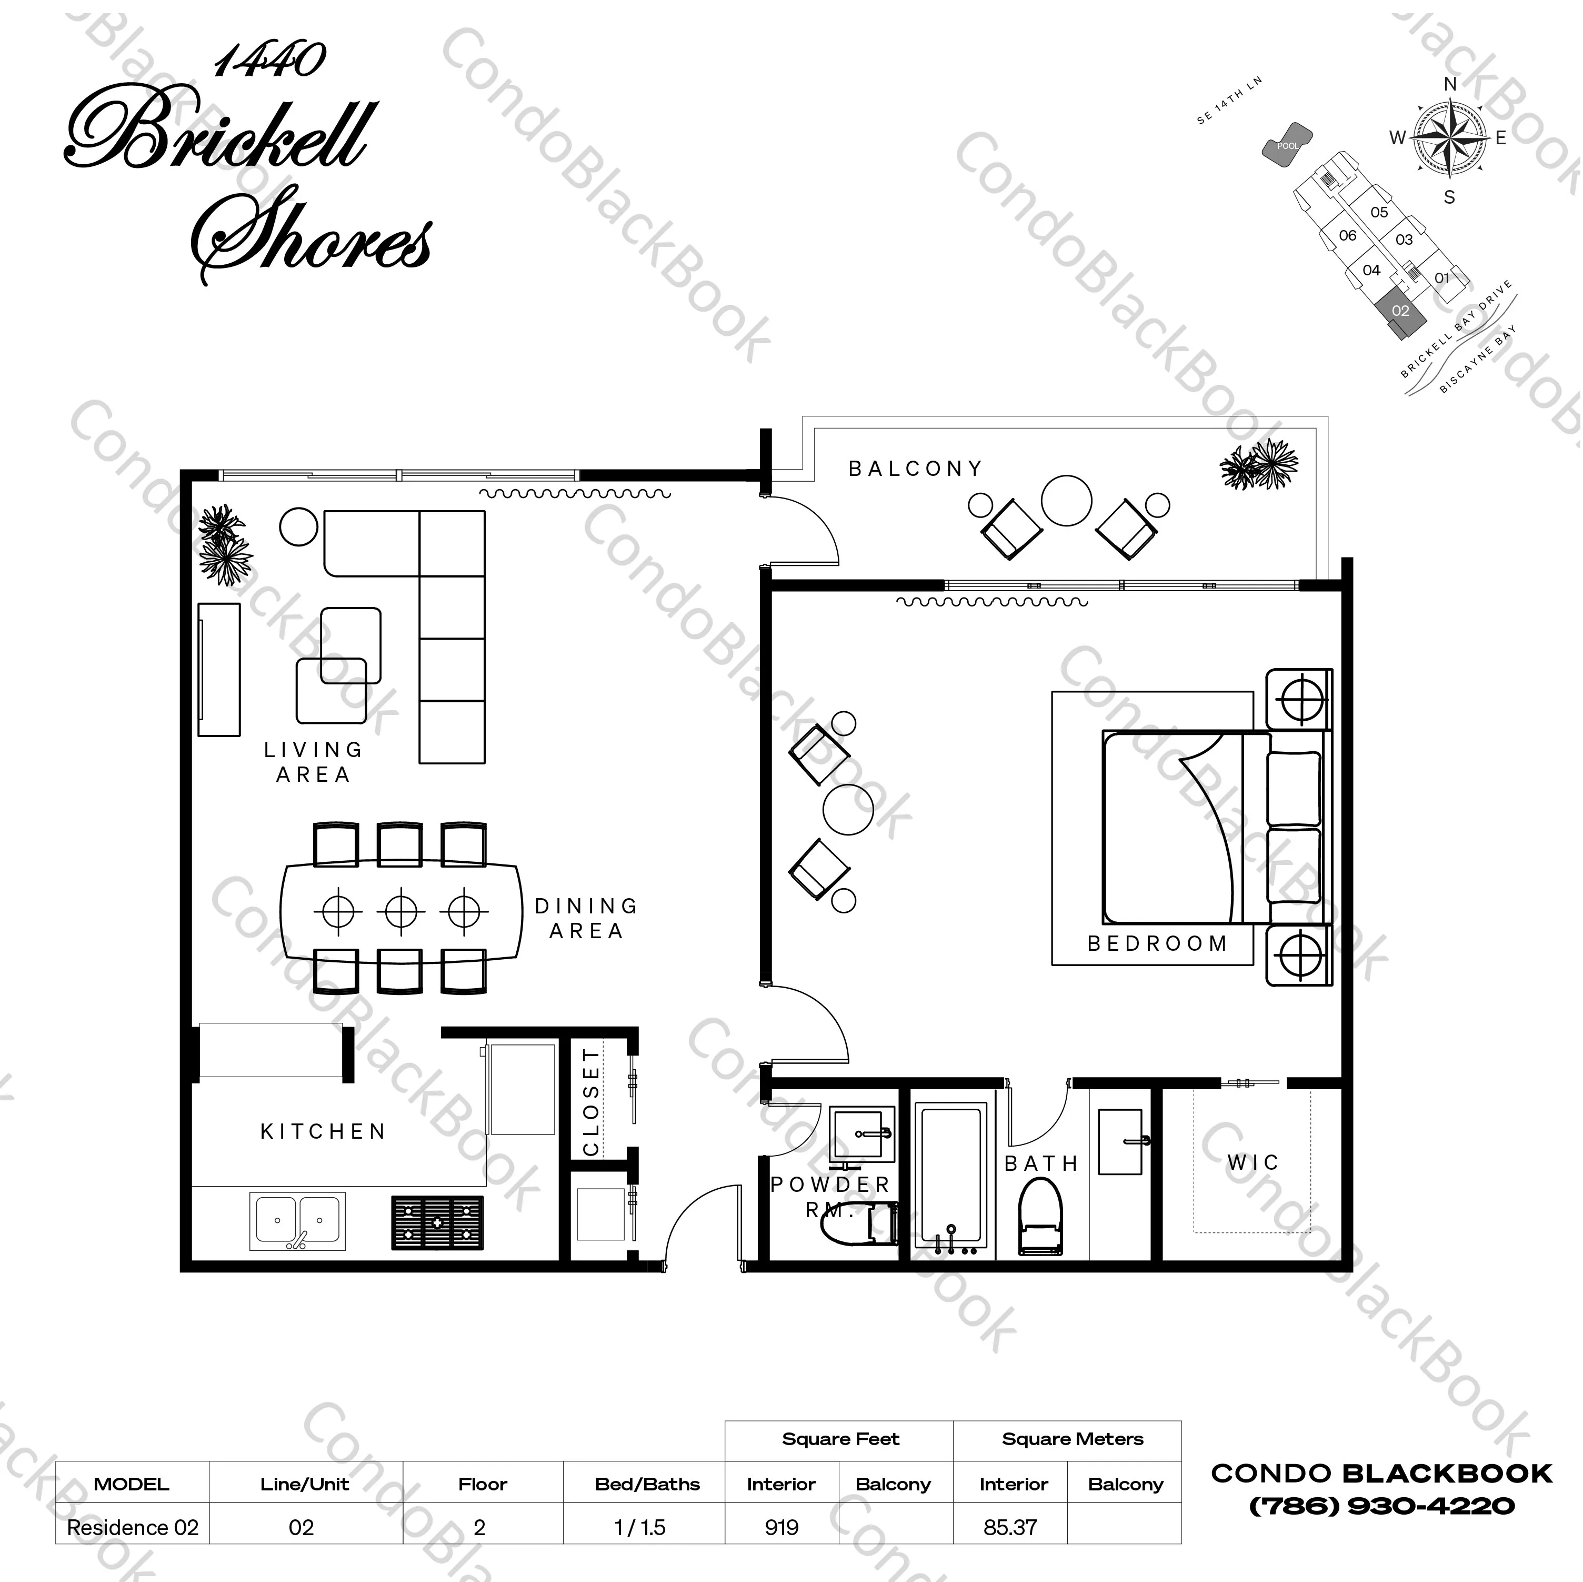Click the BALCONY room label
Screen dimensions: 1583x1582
[915, 469]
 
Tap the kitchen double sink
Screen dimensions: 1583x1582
[297, 1220]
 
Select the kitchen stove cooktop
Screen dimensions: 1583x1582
[437, 1222]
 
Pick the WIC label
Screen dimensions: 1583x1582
[1253, 1162]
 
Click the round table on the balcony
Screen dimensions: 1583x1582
[1066, 500]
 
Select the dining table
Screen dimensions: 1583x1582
[402, 910]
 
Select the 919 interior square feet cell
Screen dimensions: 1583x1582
[782, 1527]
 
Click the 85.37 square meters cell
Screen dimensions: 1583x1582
[1010, 1527]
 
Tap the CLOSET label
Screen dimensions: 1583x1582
[591, 1102]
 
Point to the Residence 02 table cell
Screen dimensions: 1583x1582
[133, 1527]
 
